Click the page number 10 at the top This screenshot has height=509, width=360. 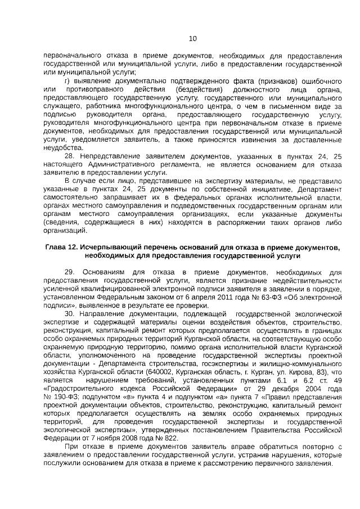(192, 38)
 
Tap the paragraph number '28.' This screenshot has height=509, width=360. (71, 155)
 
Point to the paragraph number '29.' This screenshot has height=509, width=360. (71, 272)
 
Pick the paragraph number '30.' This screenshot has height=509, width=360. (71, 312)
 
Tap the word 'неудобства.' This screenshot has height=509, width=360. (64, 148)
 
